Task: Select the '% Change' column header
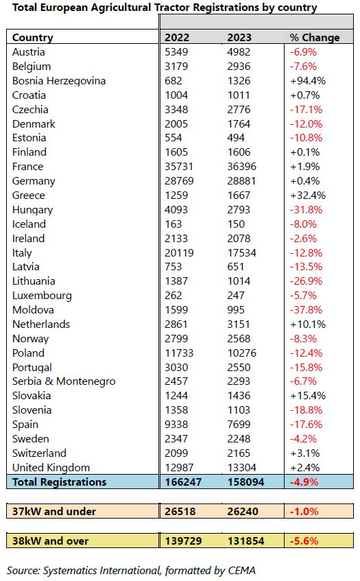(315, 38)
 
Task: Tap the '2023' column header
(239, 38)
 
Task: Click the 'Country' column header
(33, 38)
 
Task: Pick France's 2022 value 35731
(179, 167)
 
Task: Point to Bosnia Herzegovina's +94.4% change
(308, 81)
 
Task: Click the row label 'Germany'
(34, 181)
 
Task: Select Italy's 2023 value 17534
(241, 252)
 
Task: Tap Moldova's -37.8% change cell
(306, 310)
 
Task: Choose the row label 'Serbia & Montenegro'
(64, 381)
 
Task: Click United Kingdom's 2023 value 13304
(241, 468)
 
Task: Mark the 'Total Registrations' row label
(59, 482)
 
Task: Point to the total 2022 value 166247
(183, 482)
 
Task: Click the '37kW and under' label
(54, 511)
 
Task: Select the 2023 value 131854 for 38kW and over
(245, 541)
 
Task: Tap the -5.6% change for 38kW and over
(304, 541)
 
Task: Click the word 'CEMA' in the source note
(241, 570)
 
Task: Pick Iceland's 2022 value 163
(173, 224)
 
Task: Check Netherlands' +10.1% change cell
(308, 324)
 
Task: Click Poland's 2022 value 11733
(179, 353)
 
